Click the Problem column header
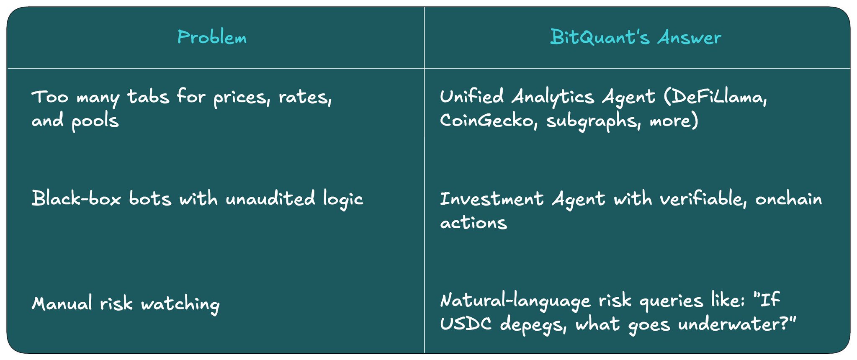(212, 37)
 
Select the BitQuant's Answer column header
(636, 37)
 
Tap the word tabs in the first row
(148, 96)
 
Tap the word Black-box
(76, 198)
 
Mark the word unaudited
(270, 198)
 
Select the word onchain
(789, 199)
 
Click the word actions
(474, 223)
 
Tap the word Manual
(62, 303)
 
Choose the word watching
(180, 304)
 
